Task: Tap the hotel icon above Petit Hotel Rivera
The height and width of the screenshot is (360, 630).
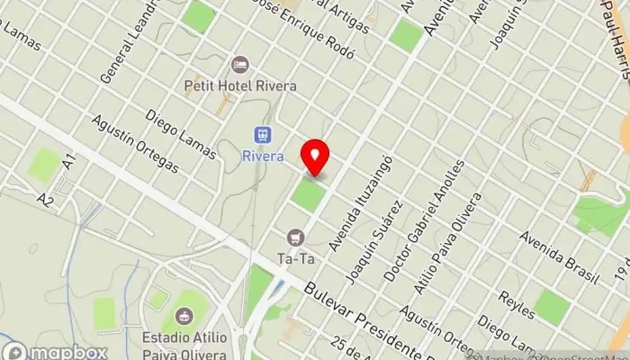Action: tap(239, 65)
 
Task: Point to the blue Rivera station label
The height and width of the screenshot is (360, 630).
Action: tap(263, 156)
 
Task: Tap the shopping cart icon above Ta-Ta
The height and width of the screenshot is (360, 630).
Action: tap(295, 238)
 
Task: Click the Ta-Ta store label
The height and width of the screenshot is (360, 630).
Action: tap(295, 257)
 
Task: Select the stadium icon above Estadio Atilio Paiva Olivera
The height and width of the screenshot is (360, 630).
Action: tap(185, 316)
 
